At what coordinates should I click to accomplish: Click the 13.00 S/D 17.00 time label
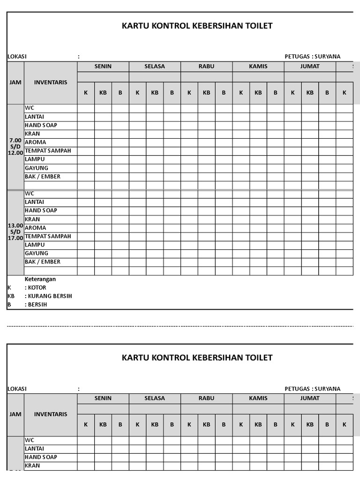15,232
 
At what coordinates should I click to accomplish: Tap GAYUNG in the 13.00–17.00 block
37,253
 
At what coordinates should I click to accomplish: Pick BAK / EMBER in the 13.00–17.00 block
43,262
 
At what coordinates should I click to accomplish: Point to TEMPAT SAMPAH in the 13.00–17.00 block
48,236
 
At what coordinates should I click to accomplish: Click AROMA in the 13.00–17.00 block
36,228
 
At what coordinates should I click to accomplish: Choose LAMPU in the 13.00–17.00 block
35,245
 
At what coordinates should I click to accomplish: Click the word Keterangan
40,279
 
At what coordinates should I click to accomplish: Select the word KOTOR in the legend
37,287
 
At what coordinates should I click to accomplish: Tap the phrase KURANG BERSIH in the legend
50,296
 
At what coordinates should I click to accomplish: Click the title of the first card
197,26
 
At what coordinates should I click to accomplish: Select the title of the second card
197,358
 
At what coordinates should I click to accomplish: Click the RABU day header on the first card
206,66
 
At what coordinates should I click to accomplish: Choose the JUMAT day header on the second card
310,398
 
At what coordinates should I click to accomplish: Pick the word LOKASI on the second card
17,389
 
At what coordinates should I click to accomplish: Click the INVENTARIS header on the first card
51,82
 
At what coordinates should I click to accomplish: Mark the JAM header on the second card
15,414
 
